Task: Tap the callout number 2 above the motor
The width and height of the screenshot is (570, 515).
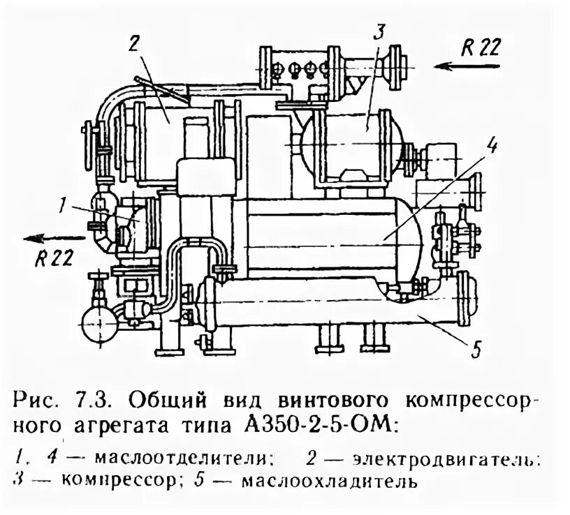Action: [133, 43]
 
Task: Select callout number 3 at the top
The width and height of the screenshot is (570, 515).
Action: [378, 31]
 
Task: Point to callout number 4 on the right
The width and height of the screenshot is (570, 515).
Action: [492, 146]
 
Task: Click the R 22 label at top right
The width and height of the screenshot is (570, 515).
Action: [481, 47]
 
